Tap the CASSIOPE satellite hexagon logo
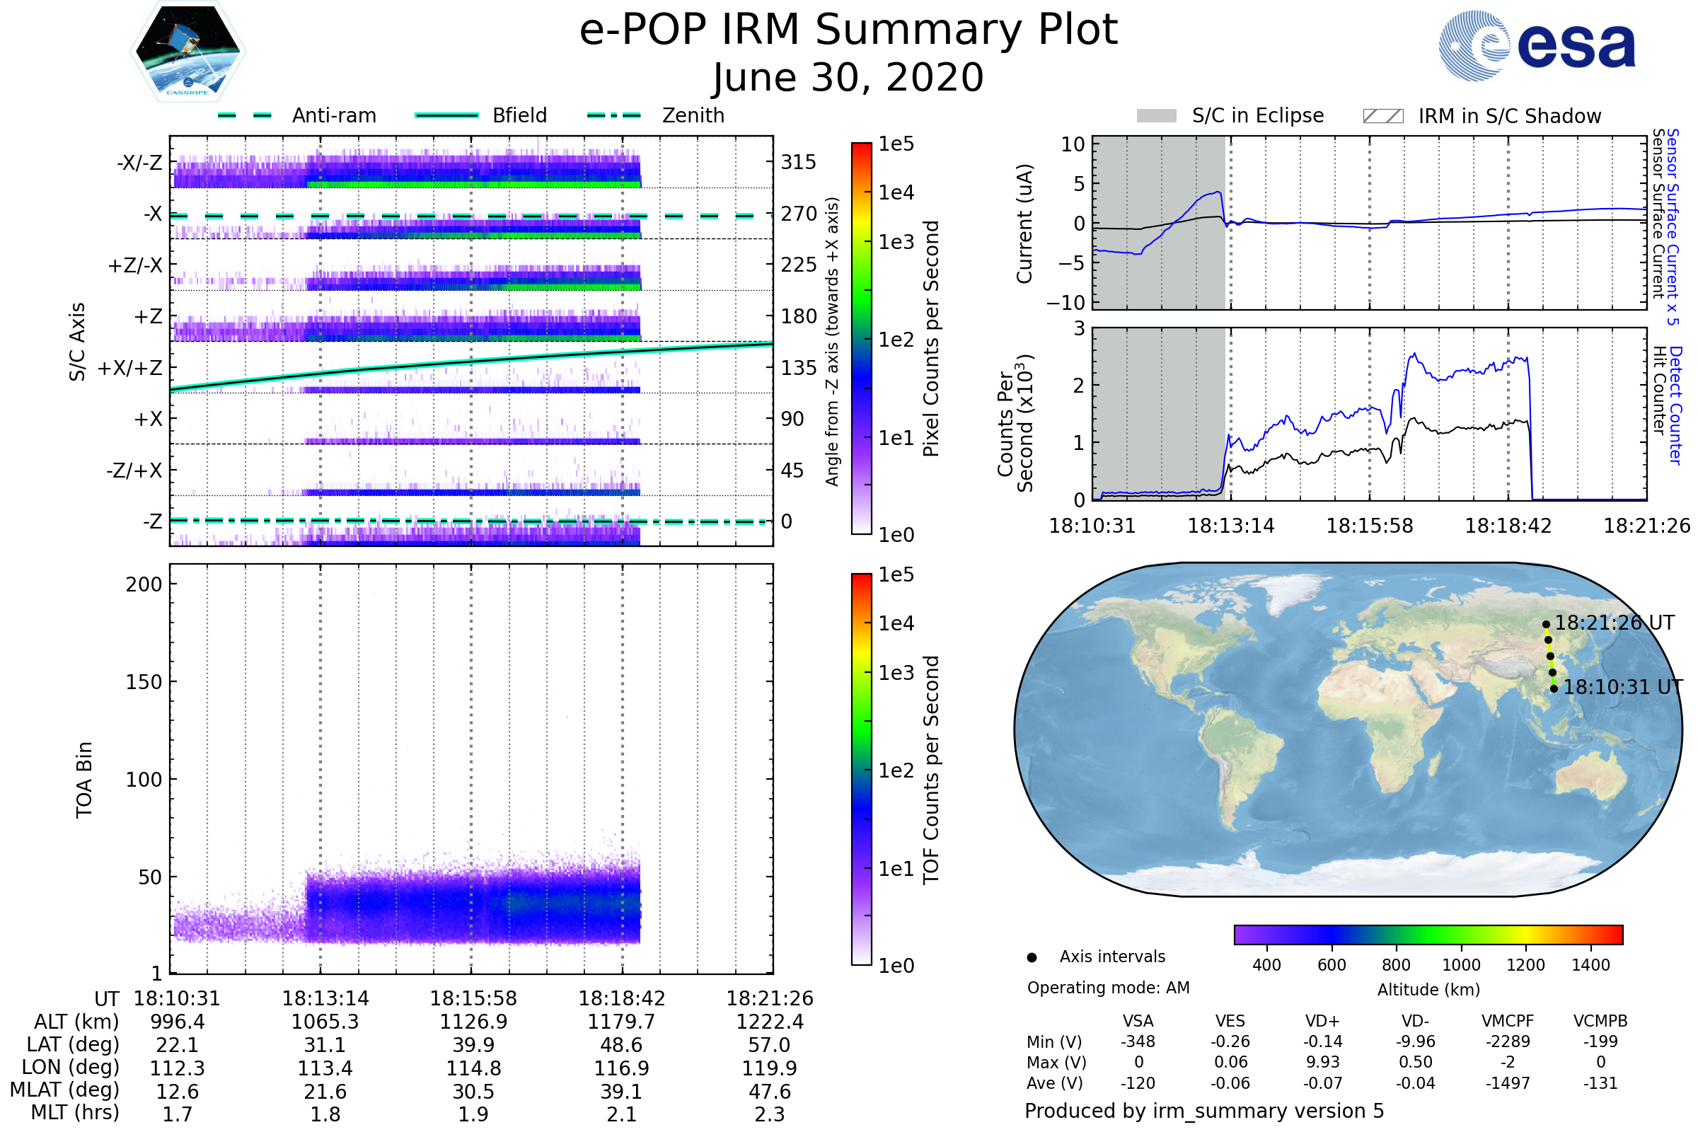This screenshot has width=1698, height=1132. pos(187,51)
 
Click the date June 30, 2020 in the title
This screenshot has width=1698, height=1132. pos(848,78)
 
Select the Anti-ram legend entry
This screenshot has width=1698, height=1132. pos(333,115)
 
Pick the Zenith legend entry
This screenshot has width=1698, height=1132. pos(693,115)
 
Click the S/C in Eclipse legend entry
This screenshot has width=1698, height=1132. pos(1257,115)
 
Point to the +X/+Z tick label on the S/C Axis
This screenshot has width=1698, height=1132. pos(130,368)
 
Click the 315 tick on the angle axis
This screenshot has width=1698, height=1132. pos(798,162)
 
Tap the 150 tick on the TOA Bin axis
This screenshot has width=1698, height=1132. pos(144,682)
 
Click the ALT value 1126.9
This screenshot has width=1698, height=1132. pos(473,1022)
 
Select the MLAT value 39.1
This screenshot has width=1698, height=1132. pos(622,1092)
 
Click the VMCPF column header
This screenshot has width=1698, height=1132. pos(1508,1021)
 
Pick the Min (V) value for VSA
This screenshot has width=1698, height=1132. pos(1138,1041)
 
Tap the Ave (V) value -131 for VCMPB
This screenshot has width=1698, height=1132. pos(1600,1083)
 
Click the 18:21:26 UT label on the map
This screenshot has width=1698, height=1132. pos(1615,623)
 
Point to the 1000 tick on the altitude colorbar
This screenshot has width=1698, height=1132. pos(1460,965)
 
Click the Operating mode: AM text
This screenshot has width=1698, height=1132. pos(1108,988)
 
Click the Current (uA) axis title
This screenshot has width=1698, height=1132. pos(1024,224)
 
